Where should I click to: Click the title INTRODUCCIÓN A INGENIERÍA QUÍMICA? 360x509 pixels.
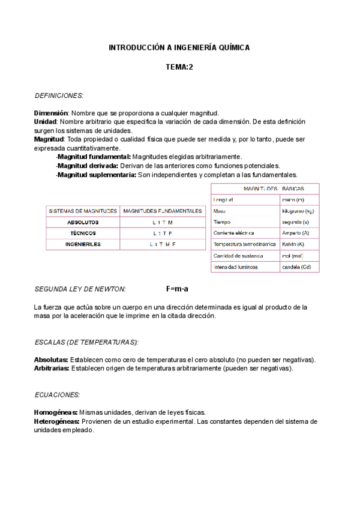pos(179,47)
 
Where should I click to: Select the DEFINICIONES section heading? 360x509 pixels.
pos(59,95)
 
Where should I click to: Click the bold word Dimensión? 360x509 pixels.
pos(52,113)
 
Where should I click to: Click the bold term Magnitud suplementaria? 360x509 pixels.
pos(97,175)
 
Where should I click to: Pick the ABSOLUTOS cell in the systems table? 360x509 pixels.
pos(83,222)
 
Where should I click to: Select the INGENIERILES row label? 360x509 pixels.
pos(83,244)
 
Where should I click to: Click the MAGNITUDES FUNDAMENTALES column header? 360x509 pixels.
pos(162,211)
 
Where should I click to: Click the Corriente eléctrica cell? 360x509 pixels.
pos(233,233)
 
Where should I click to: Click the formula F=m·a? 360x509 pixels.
pos(178,289)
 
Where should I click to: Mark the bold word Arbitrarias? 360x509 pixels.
pos(52,368)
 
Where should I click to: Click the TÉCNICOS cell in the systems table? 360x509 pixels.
pos(83,233)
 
